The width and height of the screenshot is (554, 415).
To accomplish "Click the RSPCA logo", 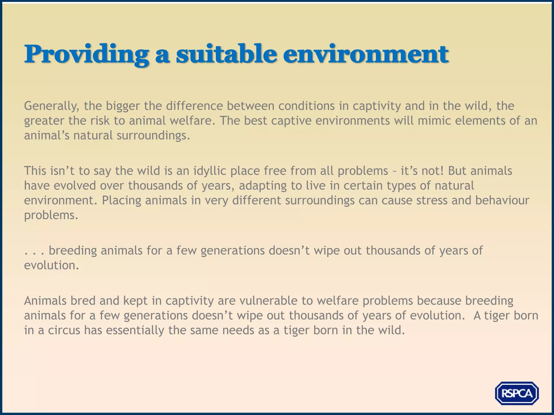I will (x=517, y=393).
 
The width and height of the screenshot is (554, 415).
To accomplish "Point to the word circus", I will (x=64, y=330).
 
